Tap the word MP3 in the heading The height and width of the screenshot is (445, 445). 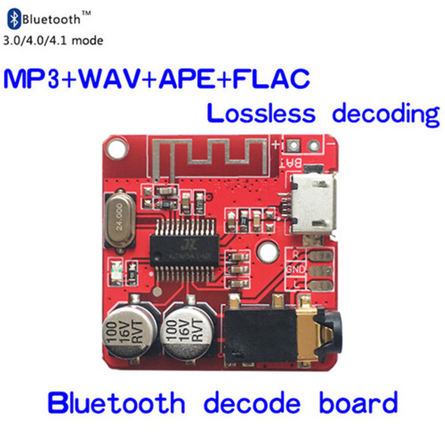[x=33, y=79]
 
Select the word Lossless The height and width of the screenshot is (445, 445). [x=261, y=114]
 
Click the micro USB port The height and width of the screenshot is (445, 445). [x=312, y=202]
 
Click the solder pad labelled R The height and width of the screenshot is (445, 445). [x=320, y=256]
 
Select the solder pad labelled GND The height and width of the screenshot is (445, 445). [x=320, y=271]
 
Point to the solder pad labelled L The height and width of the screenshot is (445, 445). [x=320, y=285]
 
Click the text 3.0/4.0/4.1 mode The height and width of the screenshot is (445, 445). [x=53, y=41]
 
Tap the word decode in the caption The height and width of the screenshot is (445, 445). [x=252, y=403]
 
